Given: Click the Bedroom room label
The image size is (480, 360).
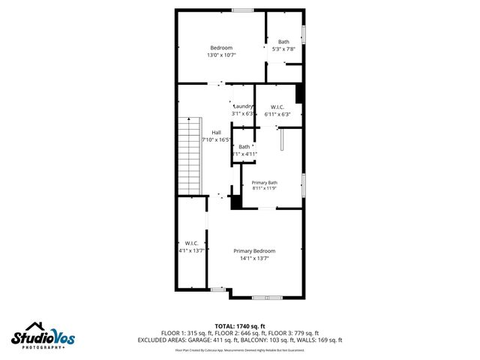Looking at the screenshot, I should (221, 48).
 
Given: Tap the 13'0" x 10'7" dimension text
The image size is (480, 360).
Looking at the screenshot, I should (221, 55).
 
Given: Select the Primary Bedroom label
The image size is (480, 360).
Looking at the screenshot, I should (254, 250).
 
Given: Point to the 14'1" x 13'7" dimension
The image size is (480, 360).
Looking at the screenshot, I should (254, 258).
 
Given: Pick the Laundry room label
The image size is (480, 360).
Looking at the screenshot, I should (244, 106).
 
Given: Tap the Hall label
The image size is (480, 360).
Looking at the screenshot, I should (216, 133).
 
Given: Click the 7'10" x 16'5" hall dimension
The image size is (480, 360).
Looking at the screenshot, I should (216, 139).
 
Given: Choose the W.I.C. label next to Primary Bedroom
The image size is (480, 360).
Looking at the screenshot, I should (191, 243).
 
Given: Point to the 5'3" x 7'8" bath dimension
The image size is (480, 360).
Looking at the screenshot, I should (283, 49).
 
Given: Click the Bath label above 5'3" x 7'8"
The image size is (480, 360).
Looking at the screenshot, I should (283, 42).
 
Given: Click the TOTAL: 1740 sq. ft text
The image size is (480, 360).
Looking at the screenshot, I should (240, 325).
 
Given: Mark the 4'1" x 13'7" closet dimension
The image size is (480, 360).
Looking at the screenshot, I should (191, 250).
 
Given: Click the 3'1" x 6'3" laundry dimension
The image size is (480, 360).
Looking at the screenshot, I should (244, 114).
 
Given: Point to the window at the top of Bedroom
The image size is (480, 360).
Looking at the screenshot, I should (241, 10).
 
